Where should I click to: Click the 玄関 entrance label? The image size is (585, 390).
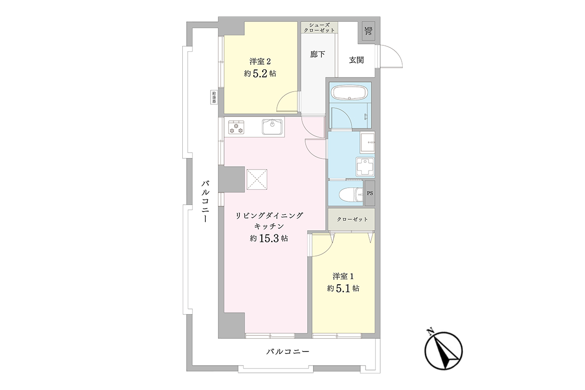pyautogui.click(x=356, y=60)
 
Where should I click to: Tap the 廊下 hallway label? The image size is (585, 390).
pyautogui.click(x=317, y=54)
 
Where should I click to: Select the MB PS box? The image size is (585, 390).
pyautogui.click(x=368, y=31)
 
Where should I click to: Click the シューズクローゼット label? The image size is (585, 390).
pyautogui.click(x=319, y=28)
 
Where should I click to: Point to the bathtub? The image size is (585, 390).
pyautogui.click(x=350, y=94)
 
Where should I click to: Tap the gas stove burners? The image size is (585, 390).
pyautogui.click(x=236, y=127)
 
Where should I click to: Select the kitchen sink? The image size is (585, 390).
pyautogui.click(x=272, y=127)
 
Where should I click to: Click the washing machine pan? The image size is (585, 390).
pyautogui.click(x=365, y=166)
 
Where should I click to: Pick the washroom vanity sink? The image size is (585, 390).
pyautogui.click(x=368, y=143)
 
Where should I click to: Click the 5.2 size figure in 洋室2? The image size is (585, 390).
pyautogui.click(x=260, y=74)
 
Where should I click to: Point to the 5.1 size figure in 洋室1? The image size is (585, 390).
pyautogui.click(x=343, y=289)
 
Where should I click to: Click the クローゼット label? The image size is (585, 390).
pyautogui.click(x=352, y=219)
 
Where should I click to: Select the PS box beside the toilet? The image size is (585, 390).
pyautogui.click(x=370, y=194)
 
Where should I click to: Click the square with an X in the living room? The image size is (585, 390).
pyautogui.click(x=257, y=179)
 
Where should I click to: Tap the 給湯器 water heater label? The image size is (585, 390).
pyautogui.click(x=214, y=97)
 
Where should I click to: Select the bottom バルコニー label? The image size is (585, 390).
pyautogui.click(x=288, y=351)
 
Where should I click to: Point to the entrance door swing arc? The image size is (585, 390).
pyautogui.click(x=395, y=52)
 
